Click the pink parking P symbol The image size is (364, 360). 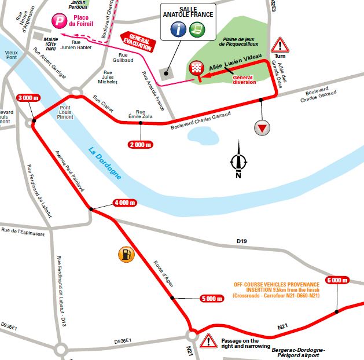click(x=58, y=20)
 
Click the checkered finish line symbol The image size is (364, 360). click(x=197, y=68)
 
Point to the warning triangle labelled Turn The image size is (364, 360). click(x=280, y=45)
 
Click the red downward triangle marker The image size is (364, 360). click(x=263, y=128)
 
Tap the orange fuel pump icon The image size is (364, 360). click(x=124, y=254)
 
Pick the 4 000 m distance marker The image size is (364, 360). click(x=123, y=203)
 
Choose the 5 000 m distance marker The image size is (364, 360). click(x=210, y=299)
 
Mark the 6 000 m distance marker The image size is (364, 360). click(x=337, y=280)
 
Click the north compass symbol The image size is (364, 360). click(x=238, y=161)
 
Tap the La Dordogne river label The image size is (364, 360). click(x=105, y=163)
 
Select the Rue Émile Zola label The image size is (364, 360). click(x=141, y=115)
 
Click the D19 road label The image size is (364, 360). click(x=242, y=240)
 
